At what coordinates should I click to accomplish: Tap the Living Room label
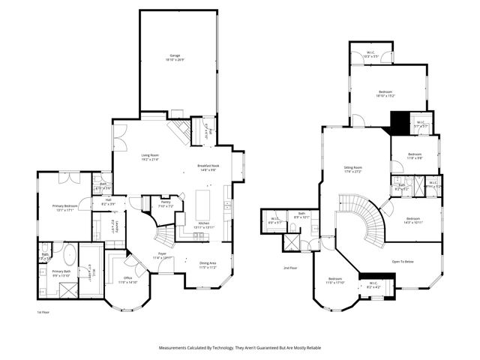151,157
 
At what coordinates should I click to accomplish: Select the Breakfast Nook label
208,167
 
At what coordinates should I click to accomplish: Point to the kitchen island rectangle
202,203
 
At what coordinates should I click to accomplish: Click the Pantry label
166,203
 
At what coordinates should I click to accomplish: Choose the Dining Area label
208,264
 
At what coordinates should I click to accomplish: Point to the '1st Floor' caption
43,312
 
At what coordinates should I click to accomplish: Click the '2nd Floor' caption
290,268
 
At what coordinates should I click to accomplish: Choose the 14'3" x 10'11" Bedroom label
413,220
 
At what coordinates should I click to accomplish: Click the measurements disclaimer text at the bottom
239,348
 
